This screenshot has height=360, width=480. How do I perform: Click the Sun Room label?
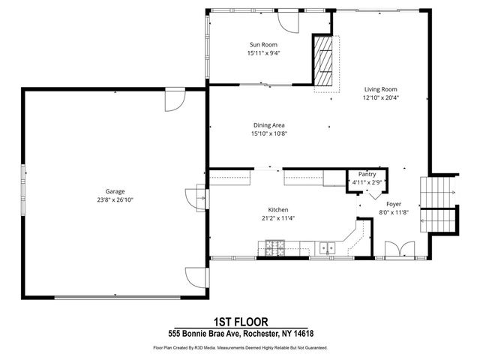(263, 45)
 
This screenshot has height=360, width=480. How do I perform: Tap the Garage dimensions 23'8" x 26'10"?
(115, 200)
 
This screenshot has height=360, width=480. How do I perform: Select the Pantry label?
(367, 174)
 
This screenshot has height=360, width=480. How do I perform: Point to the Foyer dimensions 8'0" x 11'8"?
(394, 212)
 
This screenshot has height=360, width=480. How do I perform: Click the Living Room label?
(380, 89)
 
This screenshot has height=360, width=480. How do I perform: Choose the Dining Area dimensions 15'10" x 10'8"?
(269, 133)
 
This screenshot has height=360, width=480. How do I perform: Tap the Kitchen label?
(278, 210)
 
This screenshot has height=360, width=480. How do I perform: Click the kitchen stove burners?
(275, 248)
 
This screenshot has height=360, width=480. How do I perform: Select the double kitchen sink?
(327, 247)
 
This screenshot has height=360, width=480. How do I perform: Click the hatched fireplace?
(323, 61)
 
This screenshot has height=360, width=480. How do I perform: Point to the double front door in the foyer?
(400, 250)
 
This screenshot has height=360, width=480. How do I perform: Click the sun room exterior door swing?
(288, 22)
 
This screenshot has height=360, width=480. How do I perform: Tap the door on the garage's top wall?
(175, 100)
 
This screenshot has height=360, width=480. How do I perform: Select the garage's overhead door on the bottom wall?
(118, 297)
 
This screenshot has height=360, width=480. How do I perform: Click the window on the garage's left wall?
(23, 190)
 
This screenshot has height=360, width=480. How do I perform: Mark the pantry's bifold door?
(375, 195)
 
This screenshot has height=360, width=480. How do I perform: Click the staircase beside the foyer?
(438, 204)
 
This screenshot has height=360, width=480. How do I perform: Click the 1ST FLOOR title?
(241, 322)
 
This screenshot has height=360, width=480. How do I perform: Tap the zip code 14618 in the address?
(304, 333)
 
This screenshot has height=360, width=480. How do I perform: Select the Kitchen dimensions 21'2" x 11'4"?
(278, 218)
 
